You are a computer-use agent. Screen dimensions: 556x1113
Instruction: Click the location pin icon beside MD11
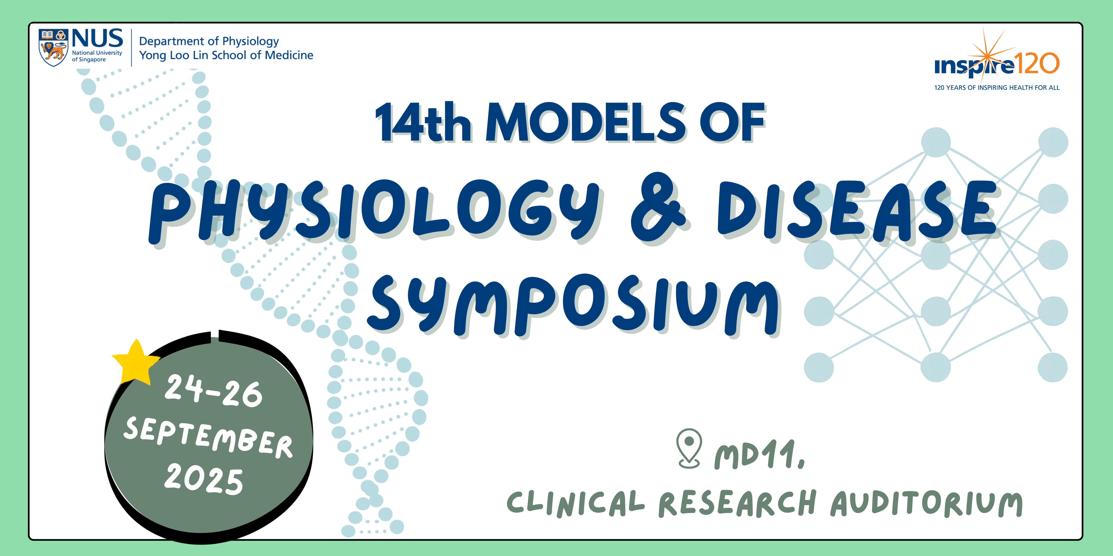(689, 448)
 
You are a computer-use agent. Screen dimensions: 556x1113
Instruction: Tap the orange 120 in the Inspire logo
(1036, 64)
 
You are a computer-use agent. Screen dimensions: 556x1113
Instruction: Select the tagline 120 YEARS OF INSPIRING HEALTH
(997, 88)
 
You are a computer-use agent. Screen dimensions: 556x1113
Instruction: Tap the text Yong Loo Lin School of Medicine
(226, 55)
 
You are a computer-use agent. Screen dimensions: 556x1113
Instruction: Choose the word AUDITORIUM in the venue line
(926, 503)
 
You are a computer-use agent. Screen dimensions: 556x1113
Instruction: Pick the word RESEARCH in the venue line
(737, 503)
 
